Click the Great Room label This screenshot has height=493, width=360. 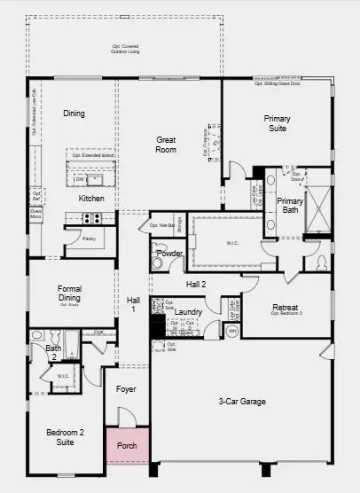[x=166, y=145]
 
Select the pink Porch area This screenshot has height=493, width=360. [x=127, y=444]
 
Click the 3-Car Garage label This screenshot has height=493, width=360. [x=242, y=401]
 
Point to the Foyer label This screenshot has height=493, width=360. [x=127, y=388]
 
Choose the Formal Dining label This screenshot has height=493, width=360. [x=70, y=293]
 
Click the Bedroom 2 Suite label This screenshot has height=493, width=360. [x=65, y=437]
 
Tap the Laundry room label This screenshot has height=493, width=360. [x=188, y=312]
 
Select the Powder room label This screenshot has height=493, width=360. [x=169, y=253]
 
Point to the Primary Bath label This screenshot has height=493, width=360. [x=290, y=206]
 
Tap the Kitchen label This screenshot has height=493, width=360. [x=91, y=198]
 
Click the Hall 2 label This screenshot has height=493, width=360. [x=196, y=284]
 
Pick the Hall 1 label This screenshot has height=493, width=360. [x=133, y=304]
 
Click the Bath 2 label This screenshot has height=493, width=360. [x=54, y=353]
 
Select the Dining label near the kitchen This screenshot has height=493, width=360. [x=74, y=113]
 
